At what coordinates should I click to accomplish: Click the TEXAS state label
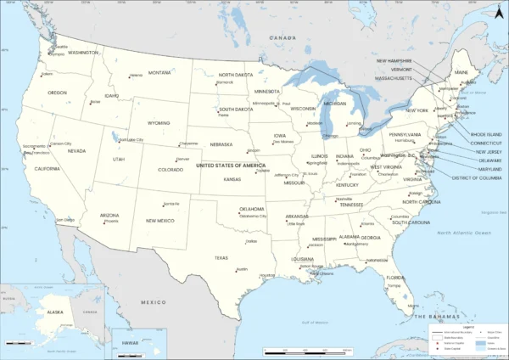point(221,257)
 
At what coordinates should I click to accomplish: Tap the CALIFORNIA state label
point(47,168)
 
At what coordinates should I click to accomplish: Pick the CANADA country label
point(282,38)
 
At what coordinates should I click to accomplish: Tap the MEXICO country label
point(154,302)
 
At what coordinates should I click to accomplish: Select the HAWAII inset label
point(129,342)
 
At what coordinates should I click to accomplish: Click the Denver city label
point(183,159)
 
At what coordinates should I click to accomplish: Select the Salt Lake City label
point(131,140)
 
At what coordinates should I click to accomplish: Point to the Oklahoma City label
point(252,216)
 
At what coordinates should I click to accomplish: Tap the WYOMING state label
point(159,123)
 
